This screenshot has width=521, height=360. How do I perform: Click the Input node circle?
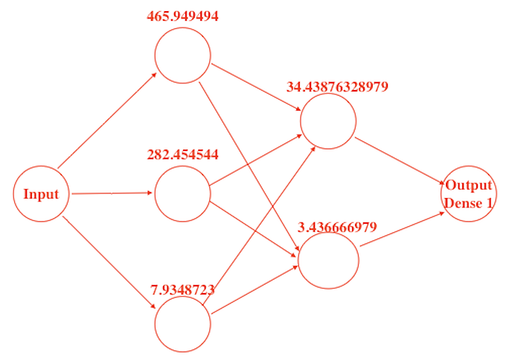pyautogui.click(x=41, y=195)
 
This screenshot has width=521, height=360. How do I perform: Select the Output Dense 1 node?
pyautogui.click(x=469, y=193)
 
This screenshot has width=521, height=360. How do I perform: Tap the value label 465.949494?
pyautogui.click(x=182, y=16)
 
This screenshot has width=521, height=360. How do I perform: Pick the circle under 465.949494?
pyautogui.click(x=182, y=55)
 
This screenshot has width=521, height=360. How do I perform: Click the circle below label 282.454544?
pyautogui.click(x=182, y=193)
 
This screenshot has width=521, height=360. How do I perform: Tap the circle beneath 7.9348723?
pyautogui.click(x=182, y=324)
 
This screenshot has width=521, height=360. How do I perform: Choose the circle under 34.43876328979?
pyautogui.click(x=327, y=121)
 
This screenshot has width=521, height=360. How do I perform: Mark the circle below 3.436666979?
pyautogui.click(x=328, y=260)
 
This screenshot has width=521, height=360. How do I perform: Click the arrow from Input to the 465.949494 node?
pyautogui.click(x=106, y=120)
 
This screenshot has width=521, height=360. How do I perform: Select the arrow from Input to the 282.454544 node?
pyautogui.click(x=112, y=193)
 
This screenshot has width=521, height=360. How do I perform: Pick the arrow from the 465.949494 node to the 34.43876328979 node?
pyautogui.click(x=255, y=90)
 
